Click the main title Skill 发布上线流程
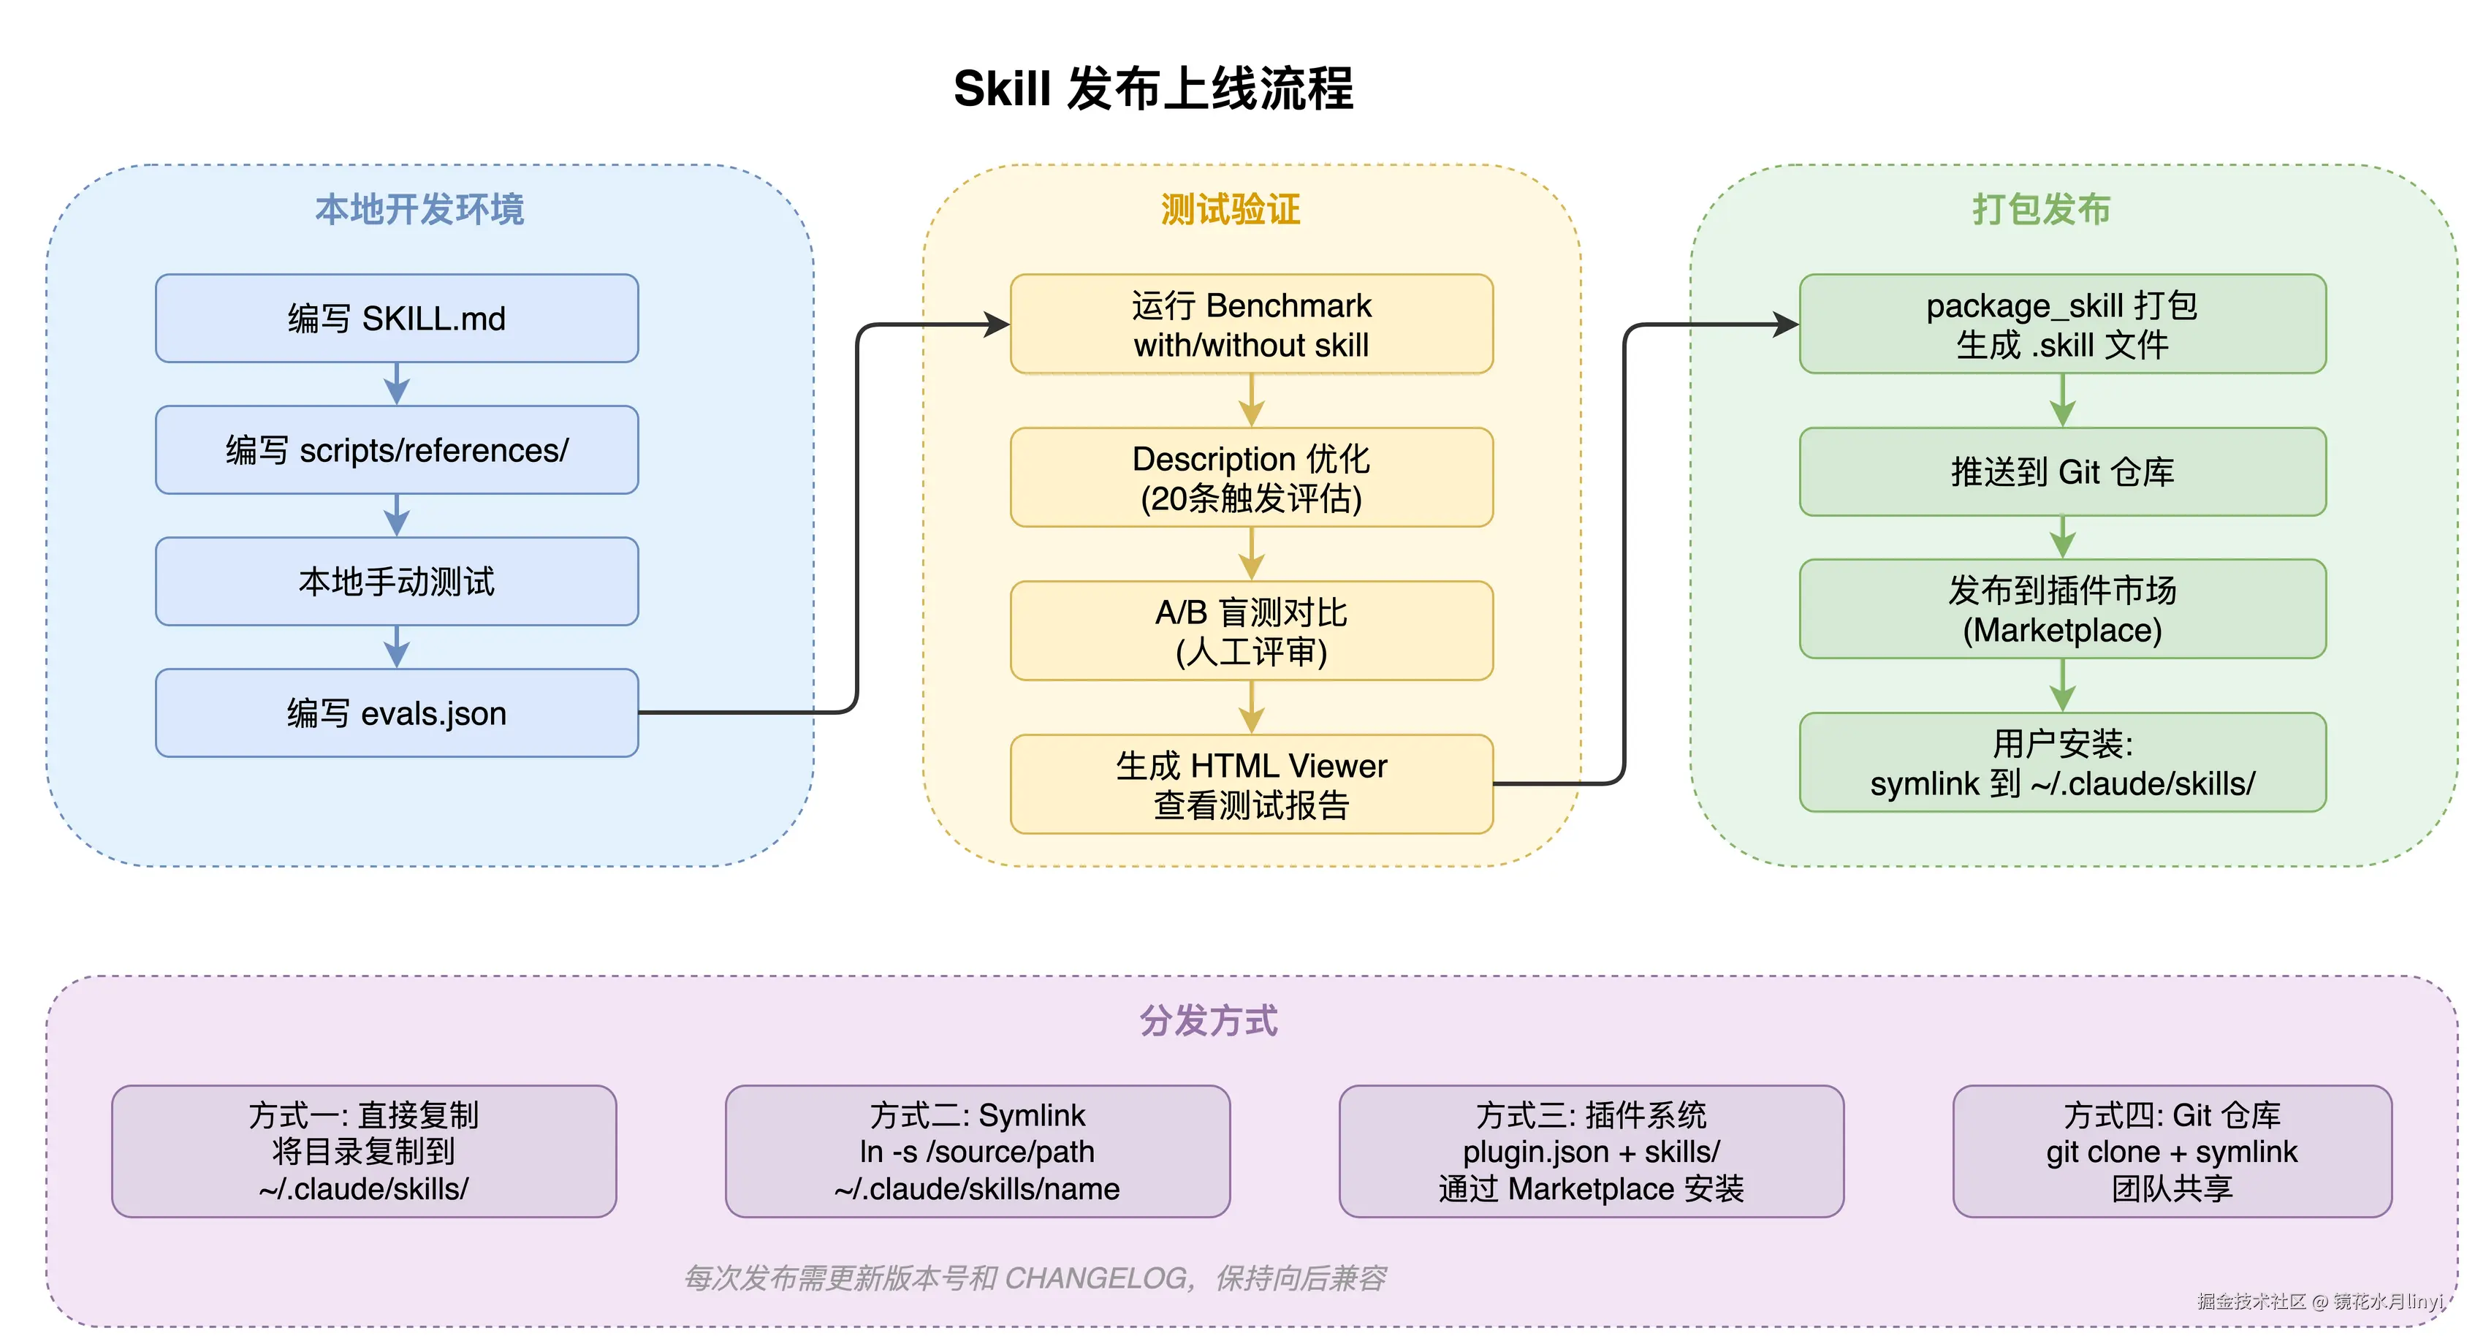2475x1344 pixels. [x=1153, y=88]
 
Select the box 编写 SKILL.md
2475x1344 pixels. [x=397, y=318]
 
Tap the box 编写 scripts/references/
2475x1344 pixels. [x=397, y=449]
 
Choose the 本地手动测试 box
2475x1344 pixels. [x=397, y=581]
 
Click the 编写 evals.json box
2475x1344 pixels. [x=397, y=713]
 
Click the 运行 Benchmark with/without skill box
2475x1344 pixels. [x=1251, y=324]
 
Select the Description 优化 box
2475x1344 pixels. [x=1251, y=477]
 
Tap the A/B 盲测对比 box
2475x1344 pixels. [x=1251, y=631]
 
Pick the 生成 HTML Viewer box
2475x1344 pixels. [x=1251, y=784]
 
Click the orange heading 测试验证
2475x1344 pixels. [x=1230, y=208]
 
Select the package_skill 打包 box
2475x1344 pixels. [x=2062, y=324]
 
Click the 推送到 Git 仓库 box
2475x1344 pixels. [x=2062, y=471]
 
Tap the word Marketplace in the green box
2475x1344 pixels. [x=2062, y=630]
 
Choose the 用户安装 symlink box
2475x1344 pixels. [x=2062, y=763]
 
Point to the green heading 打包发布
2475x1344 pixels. [x=2041, y=208]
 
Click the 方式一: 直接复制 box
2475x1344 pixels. [x=363, y=1151]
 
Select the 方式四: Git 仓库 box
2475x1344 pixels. [x=2172, y=1151]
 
